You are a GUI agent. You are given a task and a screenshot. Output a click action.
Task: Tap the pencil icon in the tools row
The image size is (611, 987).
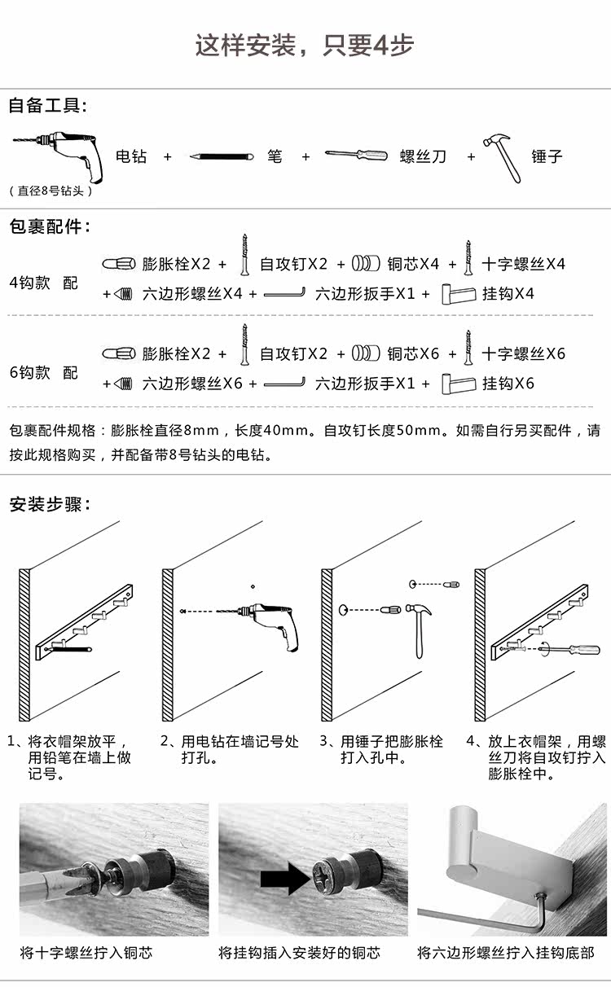[x=222, y=156]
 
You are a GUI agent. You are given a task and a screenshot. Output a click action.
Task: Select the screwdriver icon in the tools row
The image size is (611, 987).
[x=356, y=154]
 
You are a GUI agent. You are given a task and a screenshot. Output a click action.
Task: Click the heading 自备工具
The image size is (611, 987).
[x=47, y=105]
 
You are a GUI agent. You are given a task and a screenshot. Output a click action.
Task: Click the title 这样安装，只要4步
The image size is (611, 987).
[x=305, y=45]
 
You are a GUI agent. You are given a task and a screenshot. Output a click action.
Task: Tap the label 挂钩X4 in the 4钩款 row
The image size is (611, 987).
[x=508, y=293]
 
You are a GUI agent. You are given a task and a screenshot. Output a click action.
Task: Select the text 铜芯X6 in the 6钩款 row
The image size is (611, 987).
[x=413, y=353]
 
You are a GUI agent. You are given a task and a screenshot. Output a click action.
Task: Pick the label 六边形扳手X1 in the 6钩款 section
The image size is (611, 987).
[x=366, y=383]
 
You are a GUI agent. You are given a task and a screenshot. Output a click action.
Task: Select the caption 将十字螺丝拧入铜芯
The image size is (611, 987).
[x=86, y=952]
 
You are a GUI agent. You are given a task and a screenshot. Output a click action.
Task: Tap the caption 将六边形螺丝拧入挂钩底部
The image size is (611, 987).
[x=506, y=952]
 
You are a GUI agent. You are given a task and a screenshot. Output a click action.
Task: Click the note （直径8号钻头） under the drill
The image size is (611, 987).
[x=51, y=191]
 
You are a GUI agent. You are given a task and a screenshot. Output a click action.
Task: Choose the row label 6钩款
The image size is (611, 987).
[x=30, y=372]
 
